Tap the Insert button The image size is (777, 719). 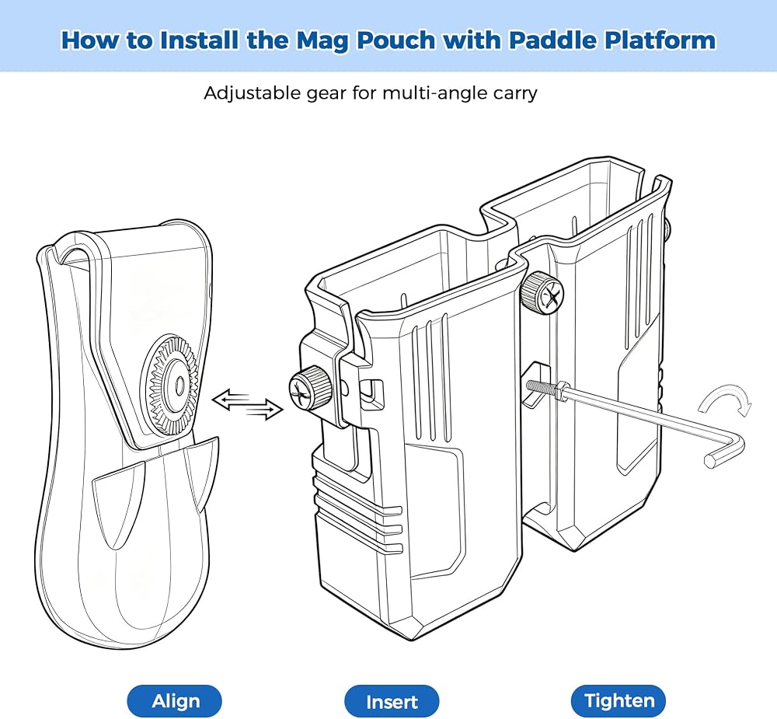click(x=392, y=701)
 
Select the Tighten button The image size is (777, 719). click(x=618, y=700)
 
